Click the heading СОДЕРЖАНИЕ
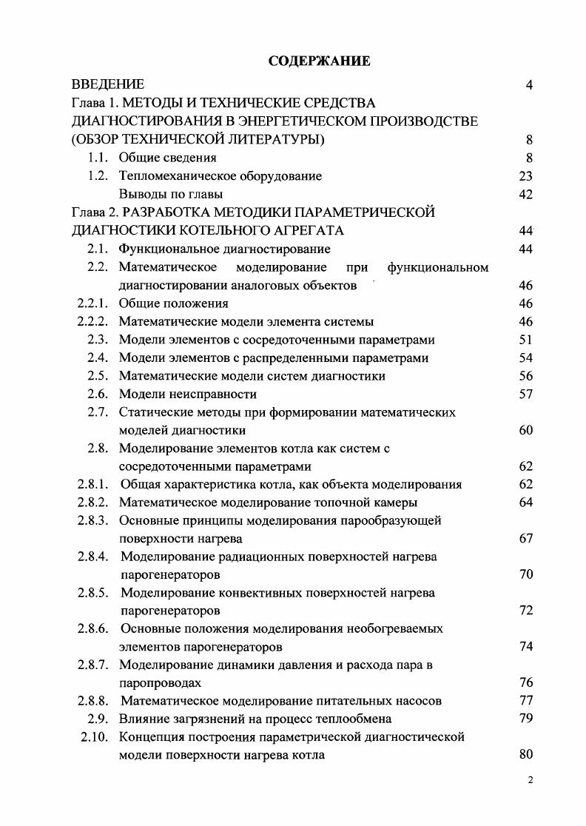coord(319,61)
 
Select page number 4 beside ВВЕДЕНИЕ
coord(529,85)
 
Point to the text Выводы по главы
coord(171,195)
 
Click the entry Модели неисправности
coord(188,394)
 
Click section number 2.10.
coord(95,737)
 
